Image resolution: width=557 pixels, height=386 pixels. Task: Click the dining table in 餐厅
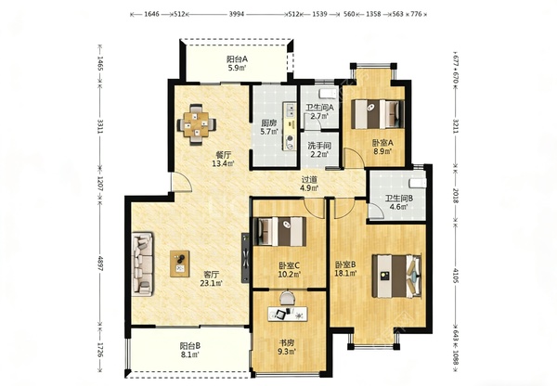197,124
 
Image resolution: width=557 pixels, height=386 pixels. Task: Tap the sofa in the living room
143,264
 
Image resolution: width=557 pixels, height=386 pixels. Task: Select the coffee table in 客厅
180,264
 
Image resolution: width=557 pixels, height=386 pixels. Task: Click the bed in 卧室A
378,114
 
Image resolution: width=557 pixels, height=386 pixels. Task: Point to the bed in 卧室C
279,231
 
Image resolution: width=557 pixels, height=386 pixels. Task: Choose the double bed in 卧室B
396,276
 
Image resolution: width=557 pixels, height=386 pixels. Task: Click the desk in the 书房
288,315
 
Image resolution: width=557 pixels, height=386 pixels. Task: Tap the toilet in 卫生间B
418,183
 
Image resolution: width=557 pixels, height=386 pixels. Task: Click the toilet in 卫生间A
328,94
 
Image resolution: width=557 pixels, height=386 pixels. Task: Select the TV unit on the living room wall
245,258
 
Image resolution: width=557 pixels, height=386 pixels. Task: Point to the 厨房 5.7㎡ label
269,127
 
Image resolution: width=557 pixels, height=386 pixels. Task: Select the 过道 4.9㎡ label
309,184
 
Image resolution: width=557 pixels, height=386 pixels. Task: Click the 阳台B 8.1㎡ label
190,350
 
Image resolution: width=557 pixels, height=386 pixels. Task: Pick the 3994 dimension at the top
237,14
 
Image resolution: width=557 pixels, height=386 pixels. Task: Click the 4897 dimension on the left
100,264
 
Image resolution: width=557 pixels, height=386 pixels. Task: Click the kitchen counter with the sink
290,125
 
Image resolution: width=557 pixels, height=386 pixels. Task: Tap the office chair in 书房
288,298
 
